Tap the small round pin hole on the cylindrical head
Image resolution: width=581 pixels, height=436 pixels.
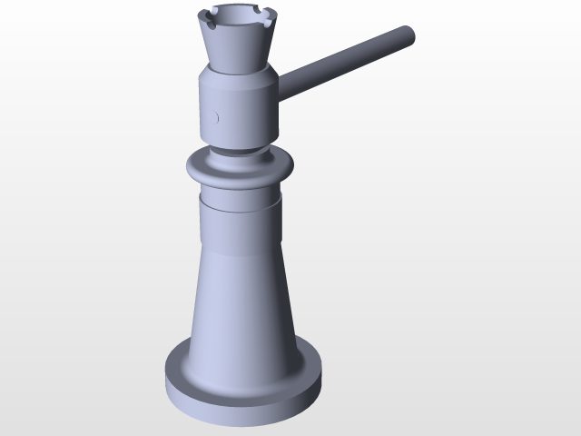216,116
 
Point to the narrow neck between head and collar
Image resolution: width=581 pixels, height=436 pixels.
238,149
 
